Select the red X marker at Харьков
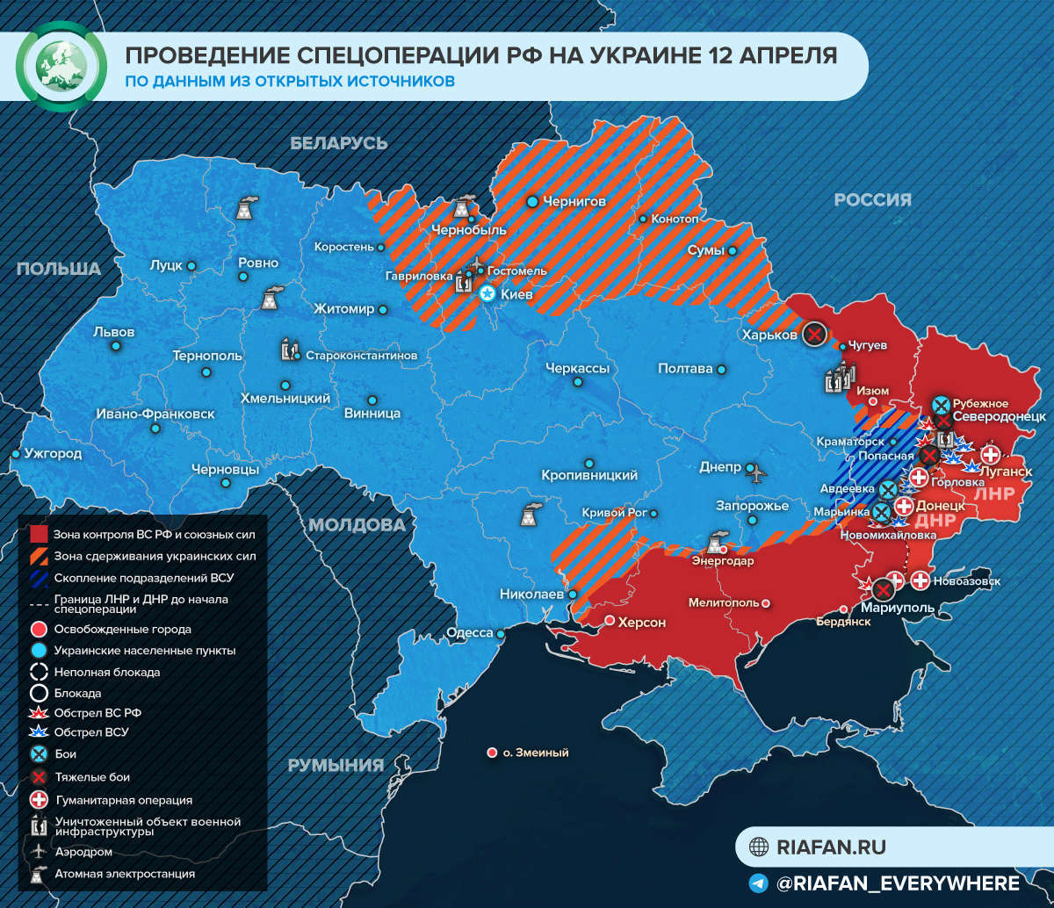tap(815, 335)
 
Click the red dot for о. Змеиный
tap(492, 753)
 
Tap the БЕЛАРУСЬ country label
tap(338, 143)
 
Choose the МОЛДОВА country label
tap(356, 525)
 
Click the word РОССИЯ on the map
tap(872, 200)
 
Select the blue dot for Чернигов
tap(532, 202)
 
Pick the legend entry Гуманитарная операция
tap(123, 799)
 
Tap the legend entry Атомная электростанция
tap(125, 874)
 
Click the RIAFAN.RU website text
tap(831, 847)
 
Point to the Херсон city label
tap(642, 622)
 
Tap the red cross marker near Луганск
tap(990, 454)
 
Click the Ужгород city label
tap(53, 454)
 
